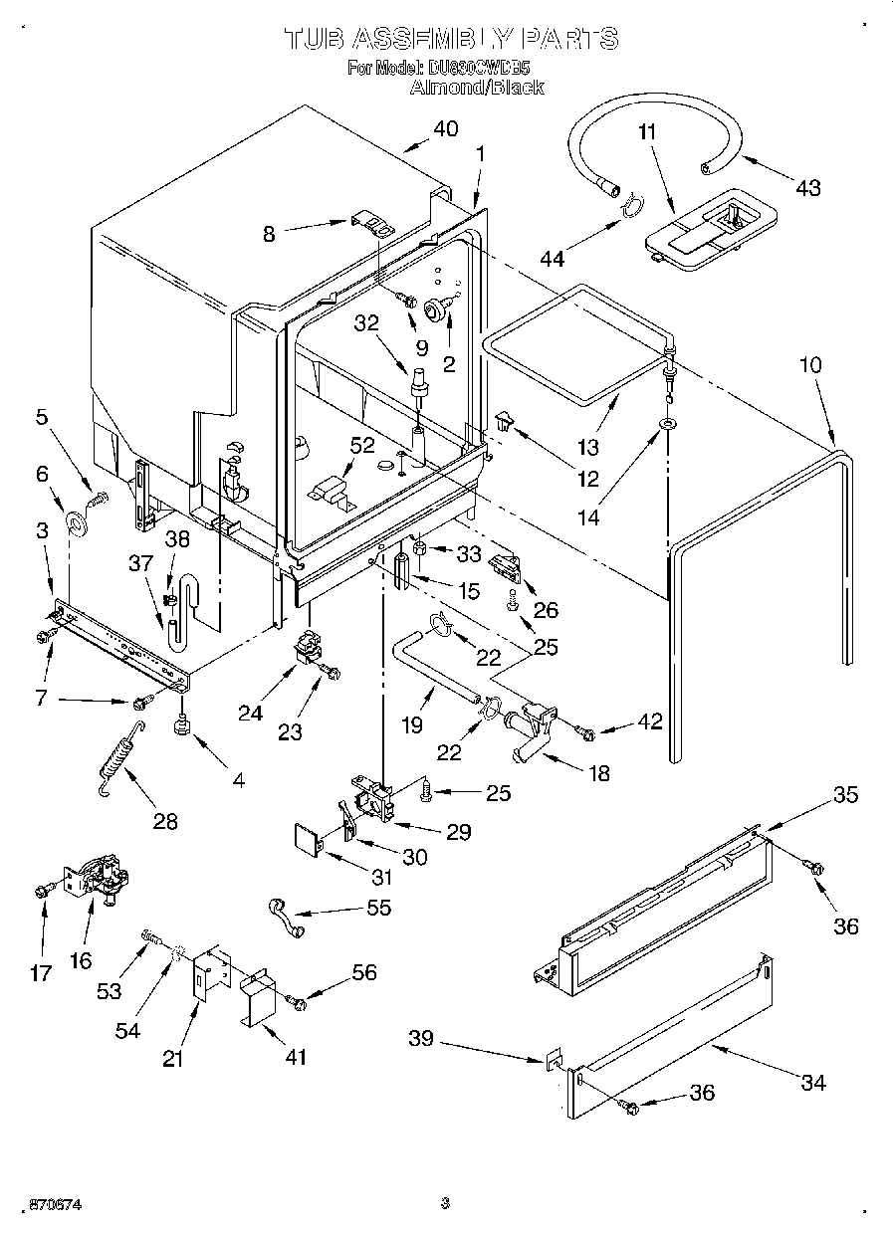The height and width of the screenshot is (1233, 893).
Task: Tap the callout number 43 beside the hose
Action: (807, 187)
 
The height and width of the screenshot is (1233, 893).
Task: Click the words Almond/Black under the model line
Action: (477, 88)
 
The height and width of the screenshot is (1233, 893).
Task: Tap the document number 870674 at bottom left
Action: (42, 1205)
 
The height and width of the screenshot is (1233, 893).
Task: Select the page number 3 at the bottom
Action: (445, 1205)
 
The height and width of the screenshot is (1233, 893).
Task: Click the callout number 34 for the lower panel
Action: (812, 1083)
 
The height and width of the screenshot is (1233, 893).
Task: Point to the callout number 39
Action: (421, 1040)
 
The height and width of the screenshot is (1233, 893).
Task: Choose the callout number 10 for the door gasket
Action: (810, 365)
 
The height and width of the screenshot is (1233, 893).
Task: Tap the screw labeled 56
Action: (296, 1001)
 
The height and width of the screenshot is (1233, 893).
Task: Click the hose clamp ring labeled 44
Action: (629, 206)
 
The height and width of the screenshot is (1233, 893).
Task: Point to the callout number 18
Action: (599, 772)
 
